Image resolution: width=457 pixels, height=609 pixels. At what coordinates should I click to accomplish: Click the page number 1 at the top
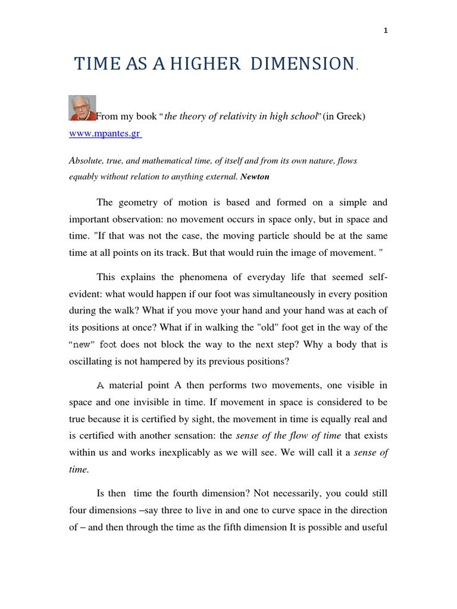(x=386, y=32)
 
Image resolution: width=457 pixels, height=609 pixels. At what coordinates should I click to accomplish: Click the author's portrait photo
(x=82, y=108)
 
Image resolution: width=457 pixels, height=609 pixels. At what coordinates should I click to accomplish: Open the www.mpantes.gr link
(x=105, y=134)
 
